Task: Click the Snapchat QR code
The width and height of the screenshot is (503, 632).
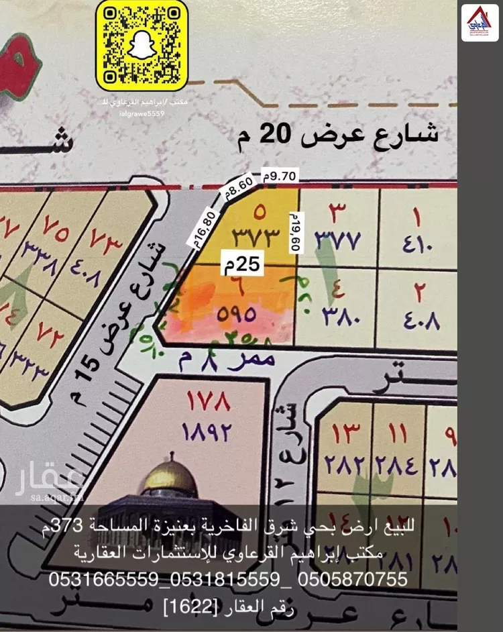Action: click(x=142, y=46)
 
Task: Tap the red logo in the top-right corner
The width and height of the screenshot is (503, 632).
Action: click(x=480, y=22)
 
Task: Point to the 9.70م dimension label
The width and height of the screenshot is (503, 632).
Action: click(x=280, y=176)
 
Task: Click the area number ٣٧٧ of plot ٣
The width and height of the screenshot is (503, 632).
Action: click(x=339, y=239)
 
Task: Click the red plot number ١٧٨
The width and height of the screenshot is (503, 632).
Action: click(x=208, y=403)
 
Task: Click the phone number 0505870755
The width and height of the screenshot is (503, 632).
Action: click(x=352, y=579)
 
